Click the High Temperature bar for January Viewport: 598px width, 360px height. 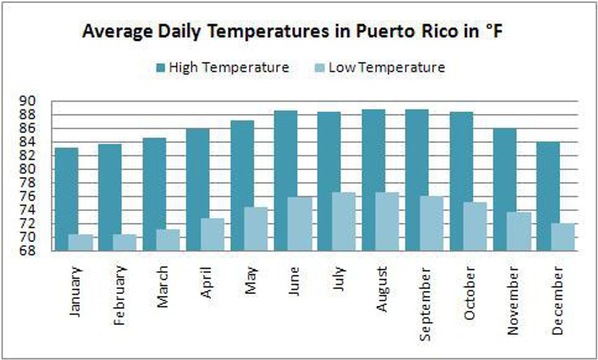[67, 198]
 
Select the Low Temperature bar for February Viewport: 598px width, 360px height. [124, 242]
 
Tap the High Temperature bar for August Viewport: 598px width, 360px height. [373, 180]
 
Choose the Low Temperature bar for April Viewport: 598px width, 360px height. [212, 234]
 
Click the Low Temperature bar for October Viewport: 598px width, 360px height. [475, 226]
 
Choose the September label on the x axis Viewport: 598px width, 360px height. [426, 301]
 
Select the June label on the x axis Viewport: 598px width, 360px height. [294, 281]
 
